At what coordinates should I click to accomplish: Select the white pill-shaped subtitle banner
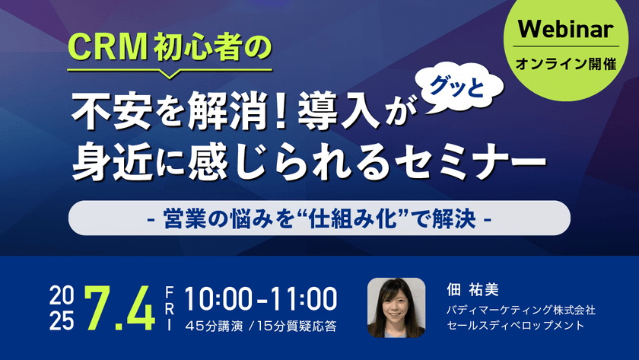(x=319, y=218)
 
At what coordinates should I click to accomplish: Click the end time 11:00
(x=301, y=298)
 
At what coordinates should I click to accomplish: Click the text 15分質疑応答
(x=298, y=327)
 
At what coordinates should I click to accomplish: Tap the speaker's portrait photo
(x=396, y=307)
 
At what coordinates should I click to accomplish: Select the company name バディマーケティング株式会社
(x=520, y=310)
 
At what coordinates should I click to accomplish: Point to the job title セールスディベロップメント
(x=515, y=326)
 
